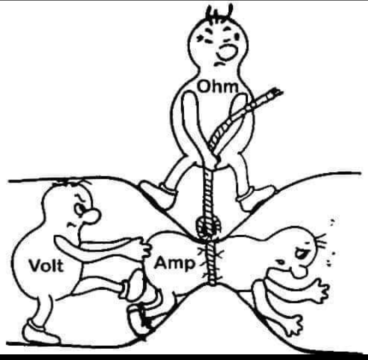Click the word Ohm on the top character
218,86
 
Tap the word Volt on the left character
46,266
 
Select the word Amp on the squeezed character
175,264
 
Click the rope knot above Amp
208,228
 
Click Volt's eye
79,210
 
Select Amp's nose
299,272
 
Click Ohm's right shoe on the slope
256,197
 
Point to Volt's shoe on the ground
40,332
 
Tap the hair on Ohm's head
220,13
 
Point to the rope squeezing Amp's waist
211,263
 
